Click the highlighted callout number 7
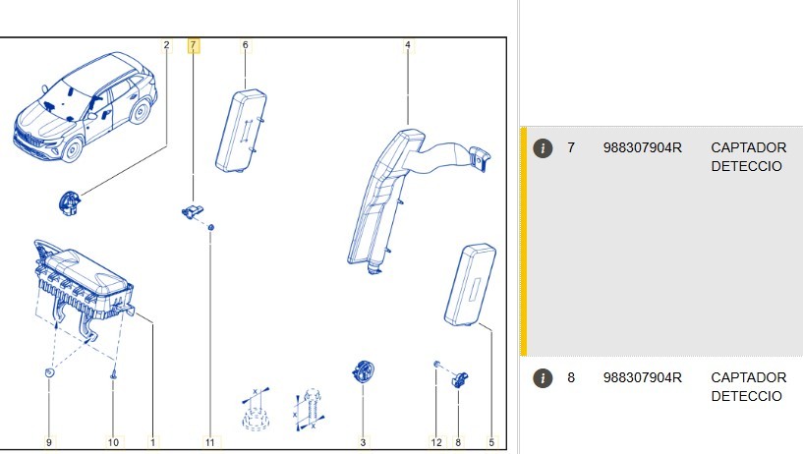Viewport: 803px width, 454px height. click(x=193, y=45)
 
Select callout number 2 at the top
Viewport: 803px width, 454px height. click(x=166, y=45)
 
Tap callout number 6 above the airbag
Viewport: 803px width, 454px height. click(x=246, y=45)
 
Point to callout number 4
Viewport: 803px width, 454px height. click(x=408, y=45)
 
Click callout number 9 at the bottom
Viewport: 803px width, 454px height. click(x=49, y=442)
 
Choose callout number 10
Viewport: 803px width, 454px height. click(x=113, y=442)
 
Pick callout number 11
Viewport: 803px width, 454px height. click(x=210, y=442)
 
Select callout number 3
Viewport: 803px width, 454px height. click(x=363, y=442)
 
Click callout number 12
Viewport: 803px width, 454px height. click(x=436, y=442)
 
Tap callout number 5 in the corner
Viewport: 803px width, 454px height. click(x=491, y=442)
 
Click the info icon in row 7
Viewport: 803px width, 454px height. click(x=543, y=148)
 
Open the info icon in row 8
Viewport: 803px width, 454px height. click(x=543, y=378)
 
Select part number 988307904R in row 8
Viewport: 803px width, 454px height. click(x=643, y=377)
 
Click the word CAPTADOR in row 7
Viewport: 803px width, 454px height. click(x=749, y=148)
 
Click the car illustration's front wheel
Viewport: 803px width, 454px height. click(x=71, y=149)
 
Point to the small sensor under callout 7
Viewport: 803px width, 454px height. click(x=193, y=211)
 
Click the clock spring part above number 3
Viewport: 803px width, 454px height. click(x=363, y=372)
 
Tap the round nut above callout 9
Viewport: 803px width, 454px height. click(x=49, y=373)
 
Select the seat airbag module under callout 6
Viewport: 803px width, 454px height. click(x=241, y=131)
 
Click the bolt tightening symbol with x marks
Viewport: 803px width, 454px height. click(x=310, y=410)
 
